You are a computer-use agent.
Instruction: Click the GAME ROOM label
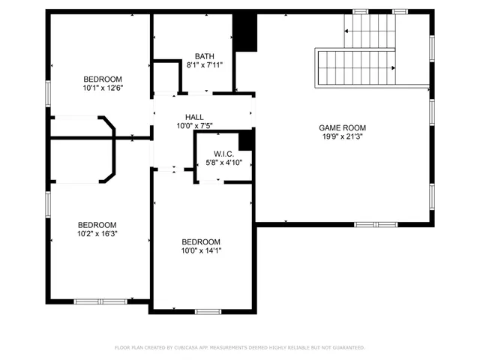coord(343,127)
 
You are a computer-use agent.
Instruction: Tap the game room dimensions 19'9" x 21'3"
coord(343,137)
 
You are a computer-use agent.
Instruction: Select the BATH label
coord(204,56)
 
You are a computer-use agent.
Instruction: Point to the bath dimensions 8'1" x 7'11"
coord(204,66)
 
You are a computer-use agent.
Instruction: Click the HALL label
coord(195,117)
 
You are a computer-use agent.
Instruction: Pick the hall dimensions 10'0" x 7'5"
coord(195,126)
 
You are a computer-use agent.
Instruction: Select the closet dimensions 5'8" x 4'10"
coord(220,162)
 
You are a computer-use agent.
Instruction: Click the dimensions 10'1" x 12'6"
coord(102,88)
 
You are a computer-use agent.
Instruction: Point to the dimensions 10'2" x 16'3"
coord(98,233)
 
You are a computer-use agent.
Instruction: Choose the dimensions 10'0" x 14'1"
coord(201,250)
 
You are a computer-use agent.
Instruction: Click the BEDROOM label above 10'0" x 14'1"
coord(201,241)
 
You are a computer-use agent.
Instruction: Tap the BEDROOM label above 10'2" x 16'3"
coord(98,224)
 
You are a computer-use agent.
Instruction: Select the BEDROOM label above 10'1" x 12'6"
coord(102,79)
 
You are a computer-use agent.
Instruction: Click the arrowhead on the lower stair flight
coord(392,68)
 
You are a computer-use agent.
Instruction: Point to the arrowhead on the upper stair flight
coord(346,31)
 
